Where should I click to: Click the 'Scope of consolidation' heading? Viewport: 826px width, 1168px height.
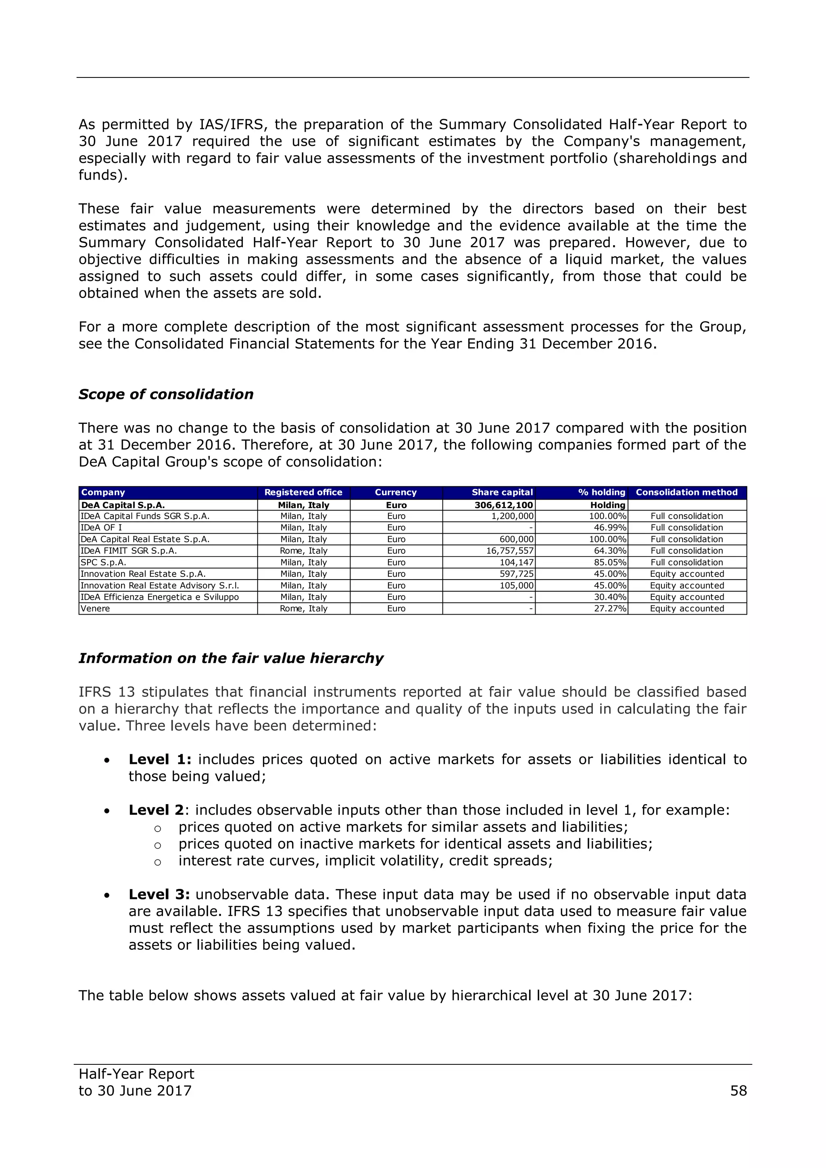point(166,394)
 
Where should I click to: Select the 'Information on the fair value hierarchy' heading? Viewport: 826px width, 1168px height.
point(231,658)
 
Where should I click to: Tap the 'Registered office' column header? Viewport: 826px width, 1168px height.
point(303,492)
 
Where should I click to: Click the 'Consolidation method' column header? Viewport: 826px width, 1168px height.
point(686,492)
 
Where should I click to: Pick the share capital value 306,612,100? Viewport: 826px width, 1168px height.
point(503,505)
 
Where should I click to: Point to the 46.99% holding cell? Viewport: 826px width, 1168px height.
point(610,528)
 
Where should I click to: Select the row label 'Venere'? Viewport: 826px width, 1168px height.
point(95,609)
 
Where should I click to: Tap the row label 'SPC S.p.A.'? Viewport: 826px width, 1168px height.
point(103,562)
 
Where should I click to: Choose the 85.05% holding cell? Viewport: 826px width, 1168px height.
point(610,562)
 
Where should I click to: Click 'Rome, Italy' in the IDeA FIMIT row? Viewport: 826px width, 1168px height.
point(303,551)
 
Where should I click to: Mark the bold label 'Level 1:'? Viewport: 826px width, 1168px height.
point(160,759)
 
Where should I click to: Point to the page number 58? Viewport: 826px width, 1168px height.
point(738,1091)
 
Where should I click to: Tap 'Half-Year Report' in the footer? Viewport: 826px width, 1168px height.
point(136,1074)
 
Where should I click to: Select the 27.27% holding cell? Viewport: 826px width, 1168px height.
point(610,609)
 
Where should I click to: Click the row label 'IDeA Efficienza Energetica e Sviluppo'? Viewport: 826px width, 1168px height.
point(160,597)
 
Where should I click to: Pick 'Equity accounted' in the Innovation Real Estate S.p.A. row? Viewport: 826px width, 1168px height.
point(686,574)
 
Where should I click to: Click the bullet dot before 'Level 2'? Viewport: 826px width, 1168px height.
point(107,811)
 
